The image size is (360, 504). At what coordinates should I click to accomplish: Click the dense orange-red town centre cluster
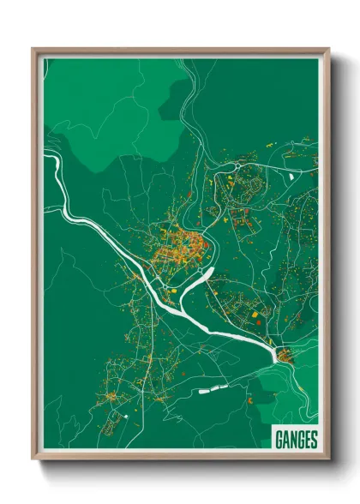coord(179,244)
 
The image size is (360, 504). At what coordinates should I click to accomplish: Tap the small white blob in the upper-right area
coord(292,176)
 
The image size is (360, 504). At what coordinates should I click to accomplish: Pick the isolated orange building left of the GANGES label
coord(249,401)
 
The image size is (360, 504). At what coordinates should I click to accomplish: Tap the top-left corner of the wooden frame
coord(33,49)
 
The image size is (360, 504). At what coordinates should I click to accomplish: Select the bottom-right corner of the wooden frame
coord(328,459)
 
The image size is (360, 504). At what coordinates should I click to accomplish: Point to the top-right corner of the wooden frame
coord(328,49)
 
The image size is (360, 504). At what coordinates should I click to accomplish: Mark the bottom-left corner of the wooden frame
coord(33,459)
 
